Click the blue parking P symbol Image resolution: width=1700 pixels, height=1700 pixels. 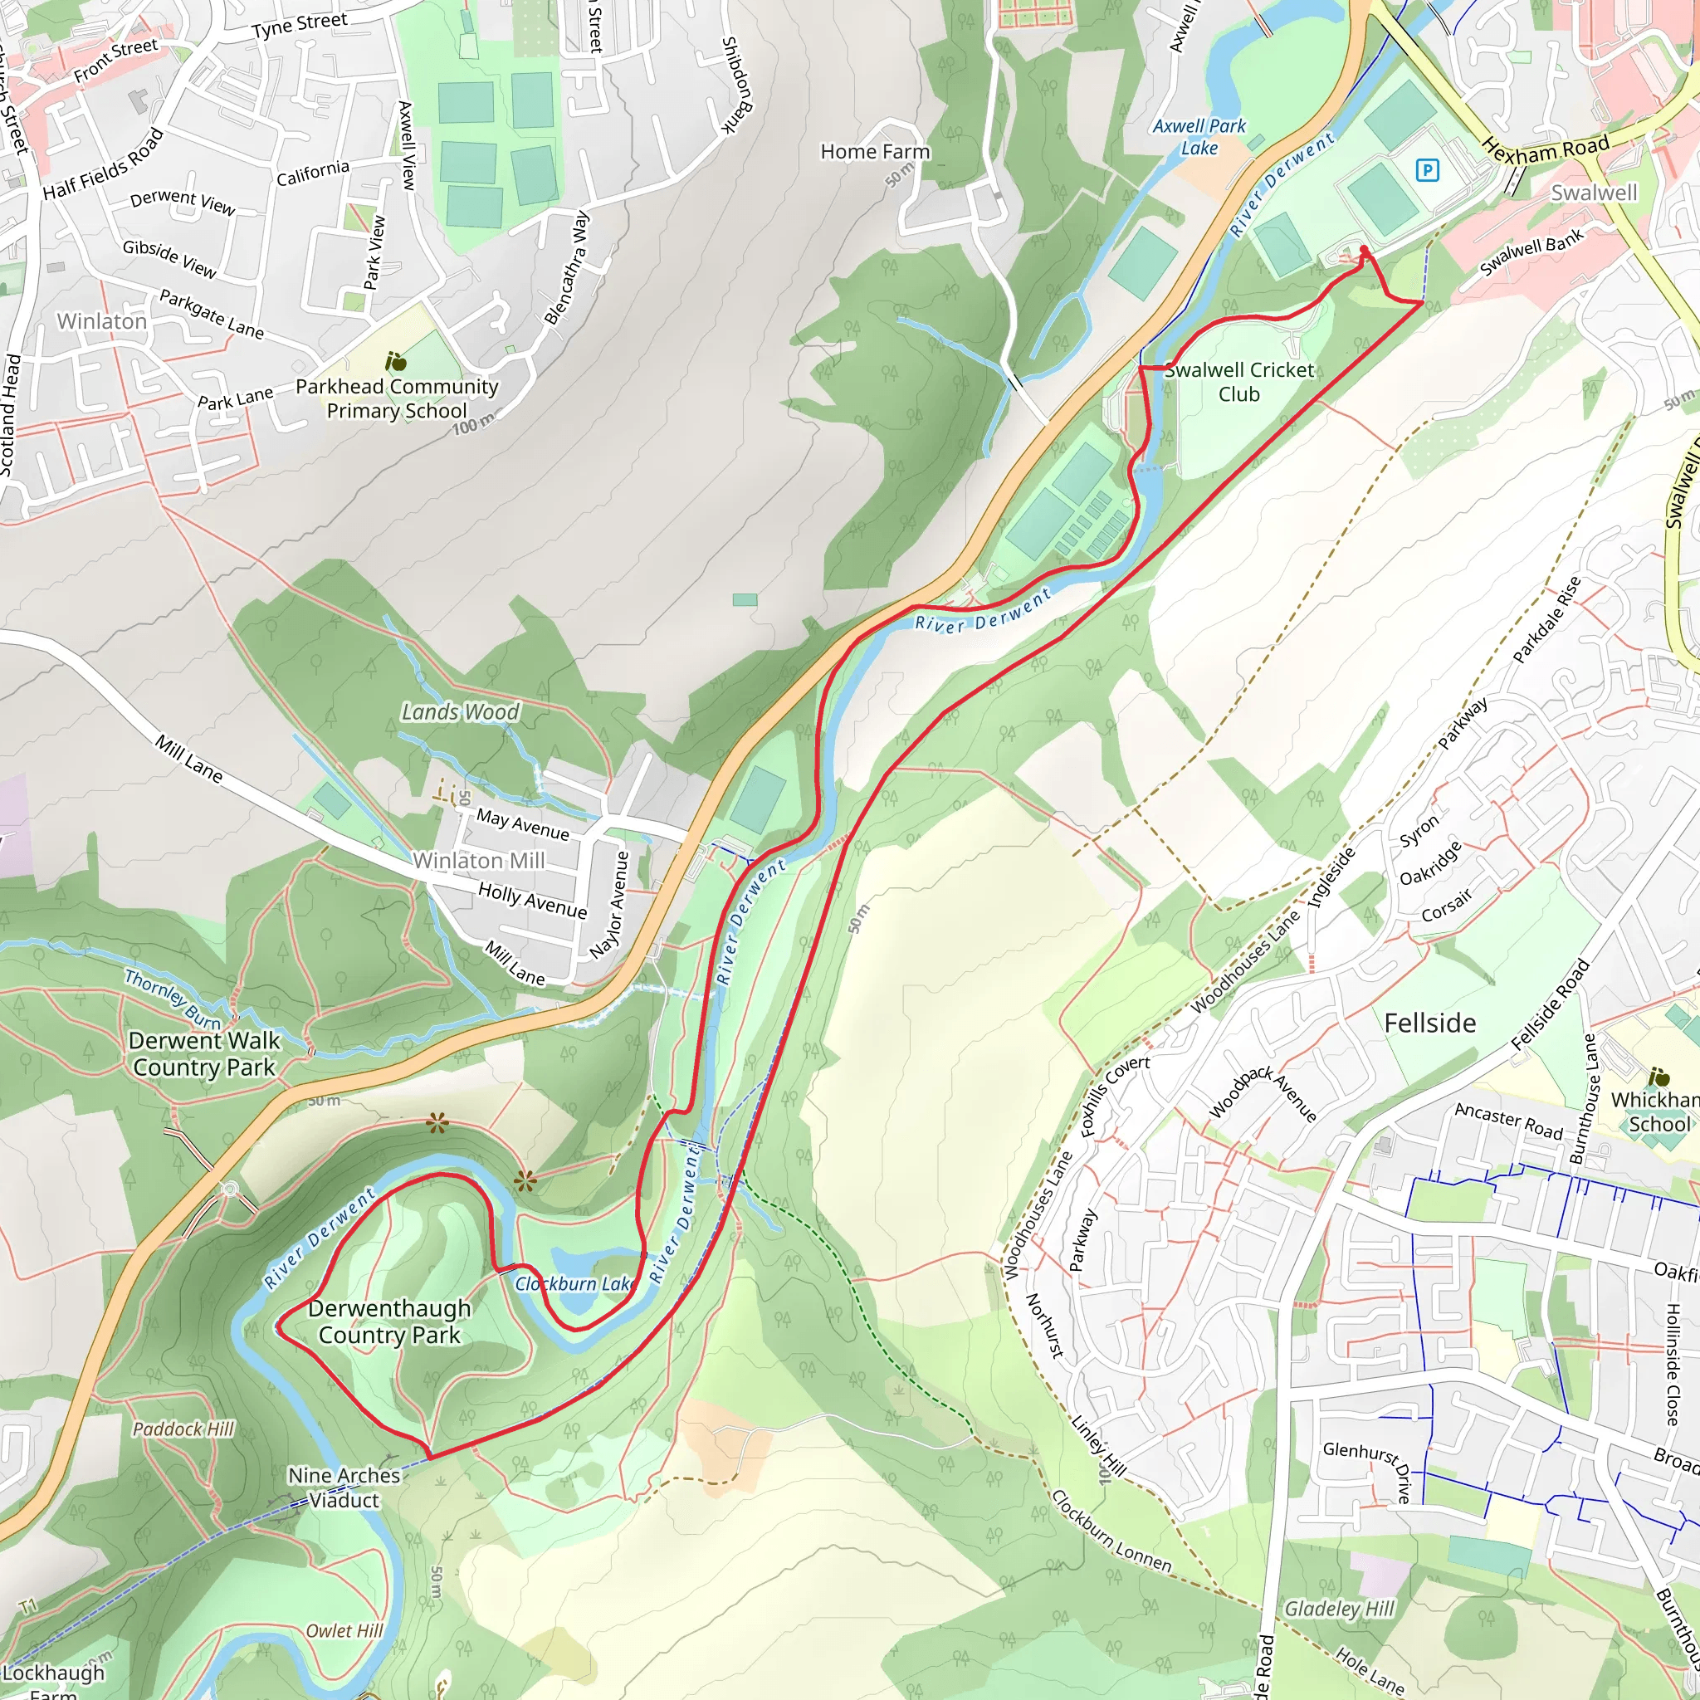pos(1427,170)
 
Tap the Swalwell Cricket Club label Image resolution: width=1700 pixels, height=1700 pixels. pos(1239,382)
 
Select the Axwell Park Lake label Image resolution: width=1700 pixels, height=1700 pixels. pos(1199,137)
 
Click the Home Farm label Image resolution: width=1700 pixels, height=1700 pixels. pos(875,152)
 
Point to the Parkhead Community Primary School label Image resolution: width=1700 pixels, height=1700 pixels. pos(397,398)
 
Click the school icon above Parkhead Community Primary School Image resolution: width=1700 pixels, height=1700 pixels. pos(396,362)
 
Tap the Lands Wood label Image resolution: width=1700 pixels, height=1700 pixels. pos(460,712)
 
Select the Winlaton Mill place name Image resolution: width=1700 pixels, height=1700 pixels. pos(479,861)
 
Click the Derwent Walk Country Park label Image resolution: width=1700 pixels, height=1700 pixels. pos(204,1053)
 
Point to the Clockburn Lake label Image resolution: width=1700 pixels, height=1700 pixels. pos(574,1284)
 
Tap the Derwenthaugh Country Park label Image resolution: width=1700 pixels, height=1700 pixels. pos(389,1321)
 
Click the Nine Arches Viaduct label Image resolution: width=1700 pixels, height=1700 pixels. pos(344,1487)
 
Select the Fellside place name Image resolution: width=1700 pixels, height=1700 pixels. pos(1430,1023)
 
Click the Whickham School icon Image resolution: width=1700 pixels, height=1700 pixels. pos(1658,1077)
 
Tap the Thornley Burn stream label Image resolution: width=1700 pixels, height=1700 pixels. pos(173,999)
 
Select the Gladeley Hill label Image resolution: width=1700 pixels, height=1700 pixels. pos(1339,1610)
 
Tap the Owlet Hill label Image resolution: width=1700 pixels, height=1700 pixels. pos(344,1630)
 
